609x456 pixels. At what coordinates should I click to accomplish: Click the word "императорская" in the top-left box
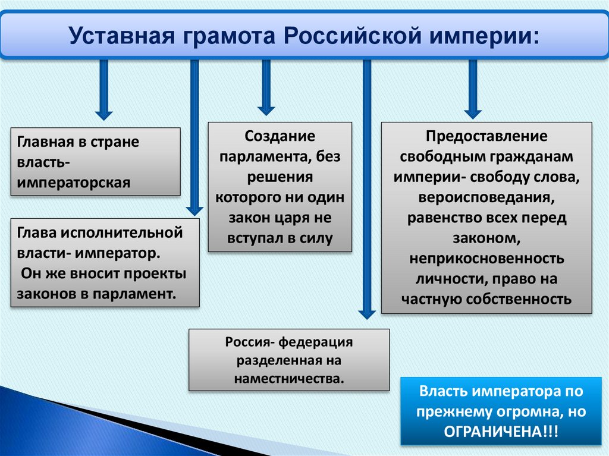pyautogui.click(x=74, y=182)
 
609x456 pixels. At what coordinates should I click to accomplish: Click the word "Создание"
pyautogui.click(x=280, y=136)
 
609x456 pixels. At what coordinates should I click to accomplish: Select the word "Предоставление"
pyautogui.click(x=486, y=136)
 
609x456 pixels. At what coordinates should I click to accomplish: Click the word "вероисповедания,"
pyautogui.click(x=486, y=197)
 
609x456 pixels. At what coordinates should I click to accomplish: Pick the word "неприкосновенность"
pyautogui.click(x=486, y=259)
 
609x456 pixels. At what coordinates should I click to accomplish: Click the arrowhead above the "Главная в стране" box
pyautogui.click(x=104, y=114)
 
